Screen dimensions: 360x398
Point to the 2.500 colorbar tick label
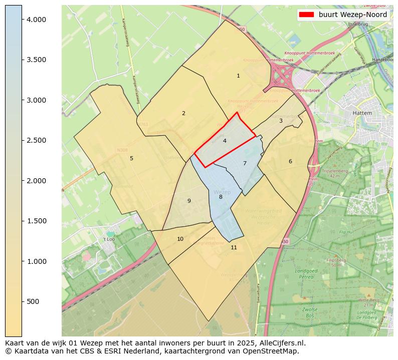click(x=36, y=140)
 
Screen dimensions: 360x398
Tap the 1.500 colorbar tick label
click(x=36, y=221)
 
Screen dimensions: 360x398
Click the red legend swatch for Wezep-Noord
click(x=306, y=15)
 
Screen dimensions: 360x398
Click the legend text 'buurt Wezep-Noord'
click(x=353, y=15)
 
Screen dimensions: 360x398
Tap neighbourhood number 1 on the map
click(x=238, y=76)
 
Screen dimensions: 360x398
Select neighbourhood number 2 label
click(x=183, y=113)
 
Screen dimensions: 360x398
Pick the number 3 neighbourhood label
click(x=281, y=121)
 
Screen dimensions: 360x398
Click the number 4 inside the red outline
click(x=225, y=141)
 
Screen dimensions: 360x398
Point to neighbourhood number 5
click(x=131, y=158)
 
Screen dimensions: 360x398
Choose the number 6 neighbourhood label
click(x=290, y=161)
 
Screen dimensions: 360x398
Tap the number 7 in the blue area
click(x=245, y=163)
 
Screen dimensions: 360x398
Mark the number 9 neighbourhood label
click(x=189, y=201)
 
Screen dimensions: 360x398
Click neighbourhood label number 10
click(x=180, y=239)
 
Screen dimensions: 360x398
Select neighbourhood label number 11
click(x=234, y=247)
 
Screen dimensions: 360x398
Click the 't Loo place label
click(x=109, y=239)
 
